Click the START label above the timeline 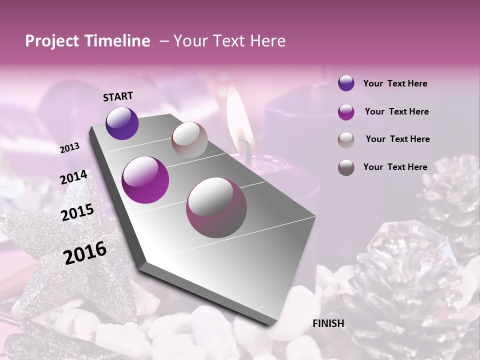tap(118, 96)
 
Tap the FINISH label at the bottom tap(328, 323)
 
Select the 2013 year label tap(70, 147)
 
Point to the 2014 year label tap(73, 177)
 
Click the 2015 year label tap(77, 213)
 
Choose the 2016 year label tap(85, 253)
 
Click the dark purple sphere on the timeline tap(122, 123)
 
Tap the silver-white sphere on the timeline tap(189, 140)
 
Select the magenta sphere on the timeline tap(145, 180)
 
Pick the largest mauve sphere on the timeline tap(216, 207)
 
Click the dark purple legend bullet tap(346, 83)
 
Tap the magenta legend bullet tap(346, 112)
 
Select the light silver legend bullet tap(346, 140)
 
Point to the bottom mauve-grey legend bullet tap(346, 167)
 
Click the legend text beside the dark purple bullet tap(395, 84)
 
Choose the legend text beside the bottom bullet tap(395, 167)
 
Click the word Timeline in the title tap(118, 41)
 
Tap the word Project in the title tap(52, 41)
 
